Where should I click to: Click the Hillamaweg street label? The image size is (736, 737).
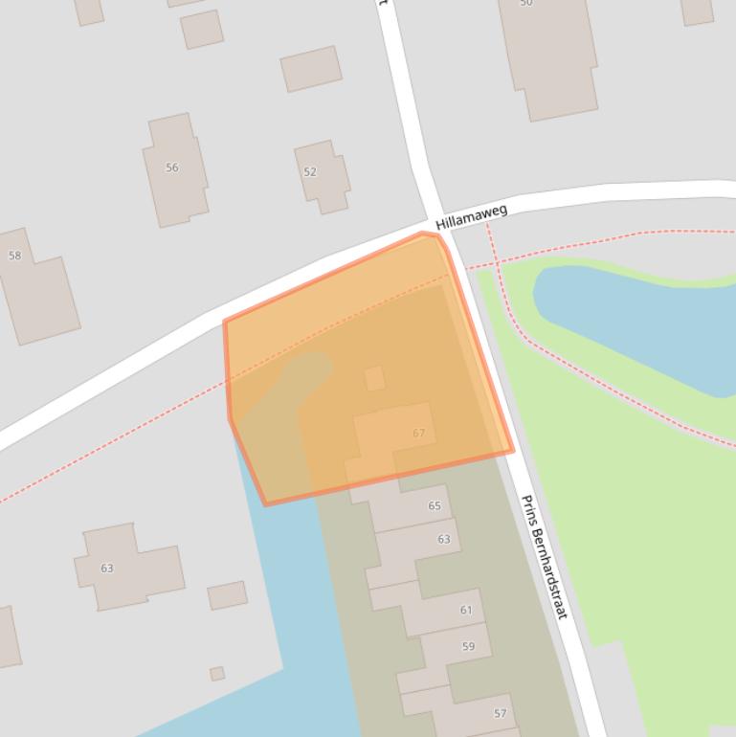pos(471,216)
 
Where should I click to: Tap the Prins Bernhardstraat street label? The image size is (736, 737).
pos(544,556)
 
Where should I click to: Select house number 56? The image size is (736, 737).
pos(172,167)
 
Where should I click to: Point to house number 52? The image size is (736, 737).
pos(310,172)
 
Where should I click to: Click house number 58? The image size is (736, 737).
pos(14,256)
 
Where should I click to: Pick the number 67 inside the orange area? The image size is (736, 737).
pos(418,434)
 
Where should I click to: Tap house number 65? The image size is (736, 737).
pos(435,506)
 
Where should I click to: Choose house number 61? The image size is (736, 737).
pos(466,610)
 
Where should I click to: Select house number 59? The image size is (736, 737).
pos(468,647)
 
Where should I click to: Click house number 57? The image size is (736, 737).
pos(500,714)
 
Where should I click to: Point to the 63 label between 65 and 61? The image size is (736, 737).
pos(444,540)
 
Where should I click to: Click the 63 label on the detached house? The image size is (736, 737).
pos(107,569)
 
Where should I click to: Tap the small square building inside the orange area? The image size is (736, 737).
pos(374,378)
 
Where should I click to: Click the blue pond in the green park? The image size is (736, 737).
pos(641,321)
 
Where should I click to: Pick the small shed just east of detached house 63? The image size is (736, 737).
pos(228,595)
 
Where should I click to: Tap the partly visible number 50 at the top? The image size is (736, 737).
pos(526,3)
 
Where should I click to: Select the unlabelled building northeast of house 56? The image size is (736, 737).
pos(311,68)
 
